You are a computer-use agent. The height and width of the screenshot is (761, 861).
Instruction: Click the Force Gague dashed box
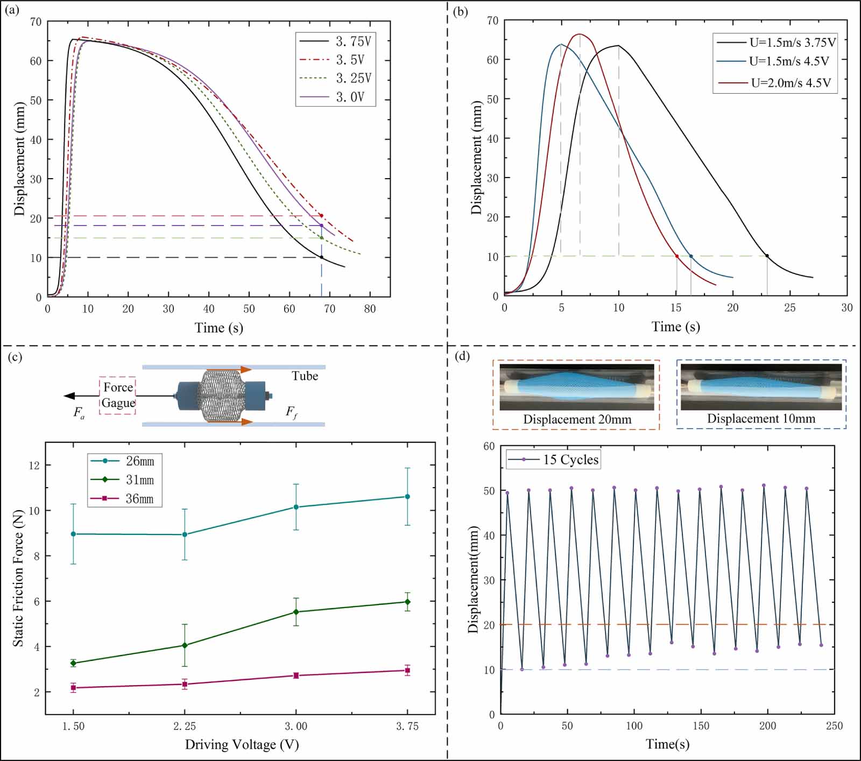point(118,396)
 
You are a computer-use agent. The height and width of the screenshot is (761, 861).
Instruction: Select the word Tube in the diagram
point(305,376)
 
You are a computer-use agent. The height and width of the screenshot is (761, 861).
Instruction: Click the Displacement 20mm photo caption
point(577,419)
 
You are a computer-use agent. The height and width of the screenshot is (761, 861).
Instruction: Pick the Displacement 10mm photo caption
point(761,419)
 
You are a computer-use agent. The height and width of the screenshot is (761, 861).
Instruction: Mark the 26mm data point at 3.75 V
point(407,497)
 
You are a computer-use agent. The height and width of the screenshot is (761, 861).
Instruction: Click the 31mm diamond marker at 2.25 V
point(185,645)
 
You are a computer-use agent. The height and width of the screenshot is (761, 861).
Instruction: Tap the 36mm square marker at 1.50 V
point(73,688)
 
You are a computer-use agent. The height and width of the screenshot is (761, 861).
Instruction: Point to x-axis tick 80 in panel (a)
point(370,309)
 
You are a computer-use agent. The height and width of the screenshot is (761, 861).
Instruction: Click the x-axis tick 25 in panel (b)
point(790,308)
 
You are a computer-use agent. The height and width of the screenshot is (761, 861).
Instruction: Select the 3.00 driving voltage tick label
point(296,727)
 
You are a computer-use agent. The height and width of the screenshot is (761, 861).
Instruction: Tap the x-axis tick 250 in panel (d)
point(834,726)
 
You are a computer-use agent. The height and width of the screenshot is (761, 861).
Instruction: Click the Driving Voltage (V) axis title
point(242,745)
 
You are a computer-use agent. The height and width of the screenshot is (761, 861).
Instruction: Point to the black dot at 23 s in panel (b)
point(767,256)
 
